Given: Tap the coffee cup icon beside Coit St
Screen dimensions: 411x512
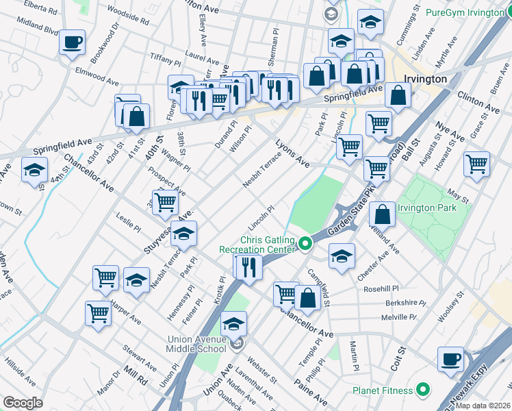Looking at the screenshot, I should [450, 360].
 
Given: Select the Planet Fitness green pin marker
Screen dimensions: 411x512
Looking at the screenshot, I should [423, 390].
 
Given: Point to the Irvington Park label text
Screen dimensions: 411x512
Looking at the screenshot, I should [427, 208].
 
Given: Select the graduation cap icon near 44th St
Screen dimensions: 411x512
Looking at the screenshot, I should [34, 171].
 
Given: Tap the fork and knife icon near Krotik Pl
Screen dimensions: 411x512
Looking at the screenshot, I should [248, 266].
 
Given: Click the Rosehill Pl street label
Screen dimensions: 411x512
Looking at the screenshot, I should [400, 288].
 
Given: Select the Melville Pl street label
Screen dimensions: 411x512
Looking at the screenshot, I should [398, 317].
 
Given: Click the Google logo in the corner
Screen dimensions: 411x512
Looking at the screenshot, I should [23, 403].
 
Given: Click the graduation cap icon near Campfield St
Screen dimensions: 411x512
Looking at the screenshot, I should [342, 256].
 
